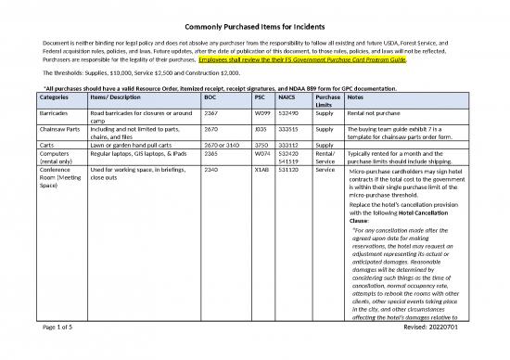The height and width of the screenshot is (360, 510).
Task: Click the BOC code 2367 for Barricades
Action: [x=210, y=109]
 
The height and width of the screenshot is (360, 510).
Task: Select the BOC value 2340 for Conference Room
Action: [x=210, y=170]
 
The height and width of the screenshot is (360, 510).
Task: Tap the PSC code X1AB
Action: [x=263, y=170]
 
